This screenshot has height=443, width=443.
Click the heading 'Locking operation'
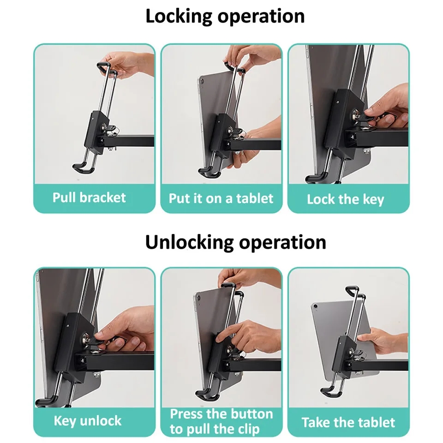pos(225,16)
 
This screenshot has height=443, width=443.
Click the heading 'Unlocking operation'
pos(235,242)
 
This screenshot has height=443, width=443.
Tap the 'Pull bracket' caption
pos(89,198)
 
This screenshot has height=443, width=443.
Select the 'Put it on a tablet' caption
pos(221,198)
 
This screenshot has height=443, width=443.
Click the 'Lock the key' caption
pos(345,199)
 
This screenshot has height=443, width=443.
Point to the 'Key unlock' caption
pos(88,421)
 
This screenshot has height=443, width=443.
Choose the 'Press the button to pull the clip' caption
pos(221,421)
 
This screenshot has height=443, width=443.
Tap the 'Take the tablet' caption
pos(348,422)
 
